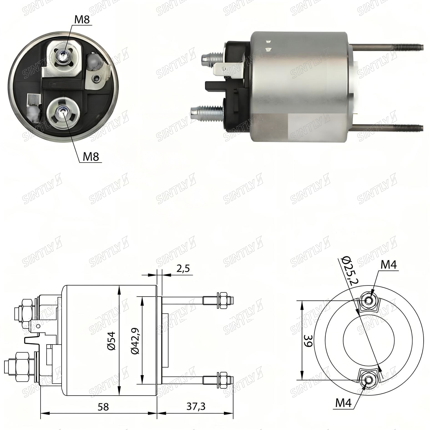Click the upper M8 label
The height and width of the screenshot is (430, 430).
pos(82,20)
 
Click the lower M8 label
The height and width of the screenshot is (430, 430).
pos(91,157)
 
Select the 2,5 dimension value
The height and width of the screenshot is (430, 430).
pos(184,269)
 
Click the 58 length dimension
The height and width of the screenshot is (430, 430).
pos(103,407)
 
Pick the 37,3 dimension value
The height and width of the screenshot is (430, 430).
pos(196,406)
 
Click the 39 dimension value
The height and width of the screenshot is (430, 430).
pos(308,340)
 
